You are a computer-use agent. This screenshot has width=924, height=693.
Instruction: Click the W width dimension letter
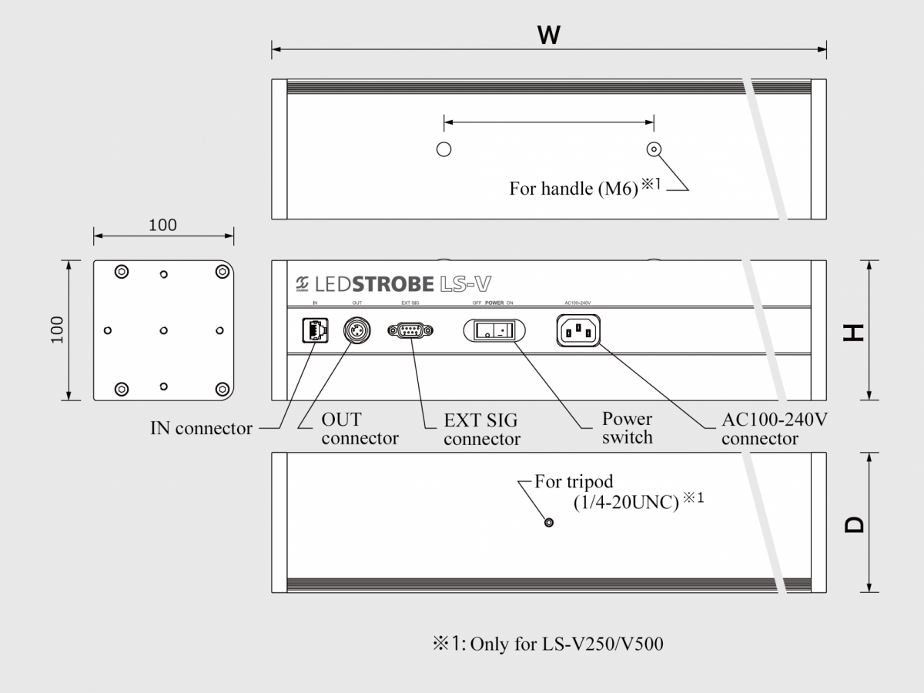point(548,35)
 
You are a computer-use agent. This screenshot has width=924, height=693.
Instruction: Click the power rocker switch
point(494,331)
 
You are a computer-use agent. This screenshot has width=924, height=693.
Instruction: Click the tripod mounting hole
point(548,523)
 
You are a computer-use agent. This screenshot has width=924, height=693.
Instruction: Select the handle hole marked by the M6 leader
point(654,149)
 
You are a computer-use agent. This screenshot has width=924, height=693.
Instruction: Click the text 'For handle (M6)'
point(574,189)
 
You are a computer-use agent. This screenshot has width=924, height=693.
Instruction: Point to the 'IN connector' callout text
point(201,428)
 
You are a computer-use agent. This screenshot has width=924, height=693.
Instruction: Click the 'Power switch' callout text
point(627,428)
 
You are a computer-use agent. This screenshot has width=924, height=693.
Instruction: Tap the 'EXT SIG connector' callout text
point(481,430)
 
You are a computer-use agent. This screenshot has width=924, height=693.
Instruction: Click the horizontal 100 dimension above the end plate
point(162,225)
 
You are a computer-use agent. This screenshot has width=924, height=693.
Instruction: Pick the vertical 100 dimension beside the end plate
point(58,330)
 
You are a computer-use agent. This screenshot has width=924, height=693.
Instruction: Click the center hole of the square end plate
point(163,330)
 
